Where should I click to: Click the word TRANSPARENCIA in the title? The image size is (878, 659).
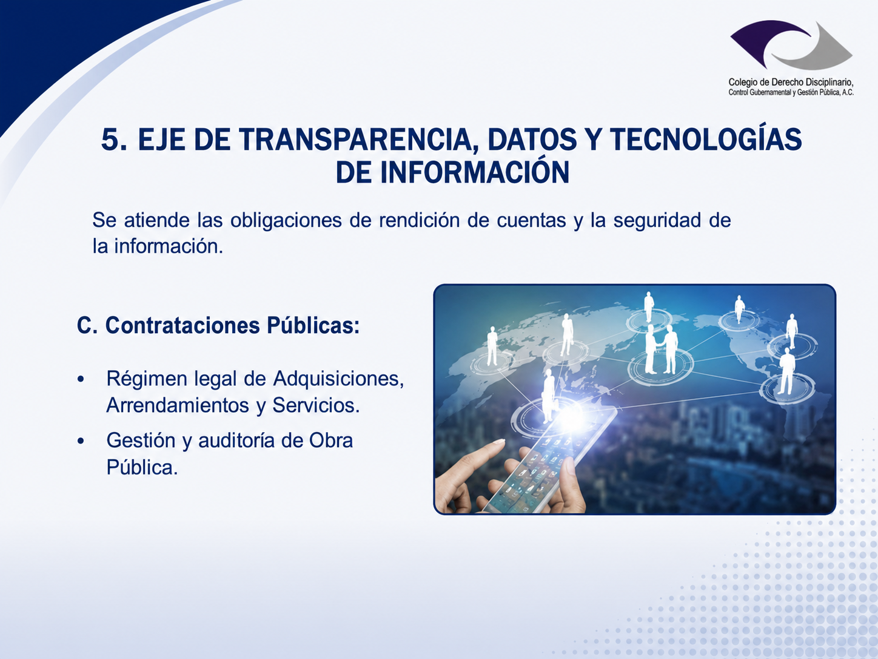[x=354, y=140]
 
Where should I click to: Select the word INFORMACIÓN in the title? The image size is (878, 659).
[x=474, y=172]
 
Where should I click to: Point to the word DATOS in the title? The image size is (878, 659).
[x=532, y=140]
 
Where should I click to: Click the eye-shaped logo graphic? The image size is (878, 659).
[x=791, y=45]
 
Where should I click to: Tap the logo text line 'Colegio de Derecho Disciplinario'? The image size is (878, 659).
[x=791, y=82]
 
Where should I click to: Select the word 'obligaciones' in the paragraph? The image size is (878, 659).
[x=286, y=220]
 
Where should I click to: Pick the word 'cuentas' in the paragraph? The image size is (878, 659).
[x=531, y=220]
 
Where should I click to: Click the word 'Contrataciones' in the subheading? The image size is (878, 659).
[x=183, y=325]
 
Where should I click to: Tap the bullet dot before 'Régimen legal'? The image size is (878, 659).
[x=81, y=379]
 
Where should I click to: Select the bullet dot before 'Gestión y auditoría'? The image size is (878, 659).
[x=81, y=441]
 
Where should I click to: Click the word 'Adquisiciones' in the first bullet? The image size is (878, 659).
[x=338, y=379]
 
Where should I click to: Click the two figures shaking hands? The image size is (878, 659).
[x=662, y=350]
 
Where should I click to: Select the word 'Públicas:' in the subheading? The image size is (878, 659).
[x=313, y=325]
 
